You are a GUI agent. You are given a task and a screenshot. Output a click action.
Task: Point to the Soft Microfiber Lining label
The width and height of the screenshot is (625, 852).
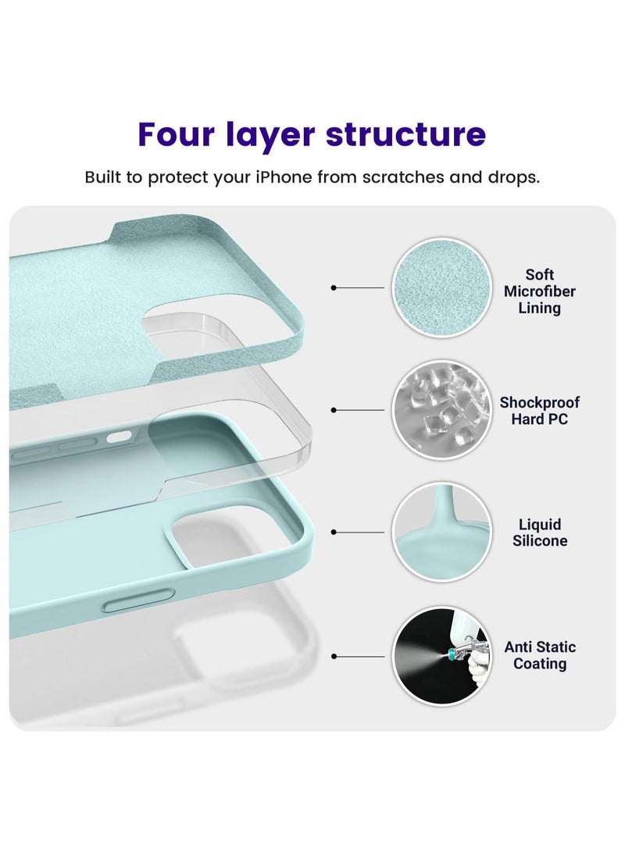click(539, 291)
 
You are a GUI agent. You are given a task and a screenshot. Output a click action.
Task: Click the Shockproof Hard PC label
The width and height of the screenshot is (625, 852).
click(539, 411)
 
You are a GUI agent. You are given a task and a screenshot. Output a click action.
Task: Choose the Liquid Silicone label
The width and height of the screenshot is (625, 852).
click(539, 533)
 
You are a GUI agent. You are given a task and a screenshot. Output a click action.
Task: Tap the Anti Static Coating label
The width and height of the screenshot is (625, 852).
click(539, 655)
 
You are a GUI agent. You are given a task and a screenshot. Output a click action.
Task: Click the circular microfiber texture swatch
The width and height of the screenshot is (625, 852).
click(442, 287)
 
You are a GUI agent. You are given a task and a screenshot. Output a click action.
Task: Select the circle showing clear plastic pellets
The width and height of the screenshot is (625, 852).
click(442, 410)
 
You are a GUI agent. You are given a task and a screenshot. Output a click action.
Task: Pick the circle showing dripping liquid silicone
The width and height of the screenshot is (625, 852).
click(442, 532)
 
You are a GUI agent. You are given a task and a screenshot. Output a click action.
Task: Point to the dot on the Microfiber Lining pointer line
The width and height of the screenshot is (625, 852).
click(334, 288)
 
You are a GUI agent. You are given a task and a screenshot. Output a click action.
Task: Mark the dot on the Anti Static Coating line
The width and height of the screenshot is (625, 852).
click(334, 657)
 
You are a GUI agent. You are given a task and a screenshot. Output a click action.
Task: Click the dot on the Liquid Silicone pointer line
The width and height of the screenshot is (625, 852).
click(334, 533)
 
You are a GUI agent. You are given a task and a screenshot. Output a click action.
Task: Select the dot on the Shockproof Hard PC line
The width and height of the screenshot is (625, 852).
click(334, 410)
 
